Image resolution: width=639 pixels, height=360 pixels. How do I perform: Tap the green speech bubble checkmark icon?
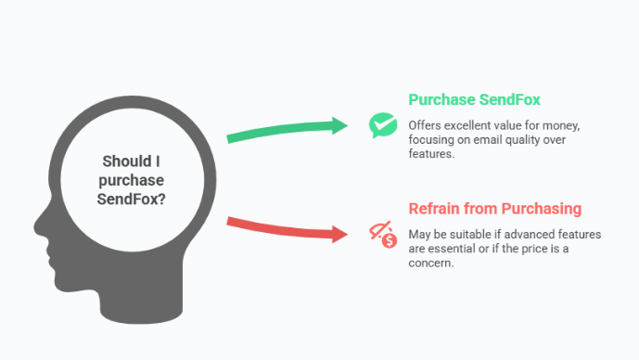coord(381,125)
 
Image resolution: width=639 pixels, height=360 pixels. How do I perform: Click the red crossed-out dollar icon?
coord(382,235)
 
